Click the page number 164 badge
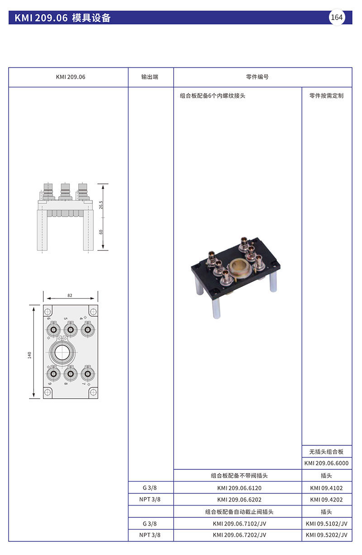(x=337, y=18)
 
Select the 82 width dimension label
(x=70, y=295)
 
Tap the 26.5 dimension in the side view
(x=101, y=205)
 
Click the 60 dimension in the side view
(x=101, y=232)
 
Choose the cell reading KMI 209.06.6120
(x=239, y=488)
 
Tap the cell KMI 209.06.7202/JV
(x=239, y=535)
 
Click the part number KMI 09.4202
(x=326, y=500)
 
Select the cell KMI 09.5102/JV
(x=326, y=523)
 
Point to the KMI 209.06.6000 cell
(x=326, y=463)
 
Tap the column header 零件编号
(x=257, y=77)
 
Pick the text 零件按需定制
(x=326, y=96)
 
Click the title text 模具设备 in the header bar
(x=91, y=18)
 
